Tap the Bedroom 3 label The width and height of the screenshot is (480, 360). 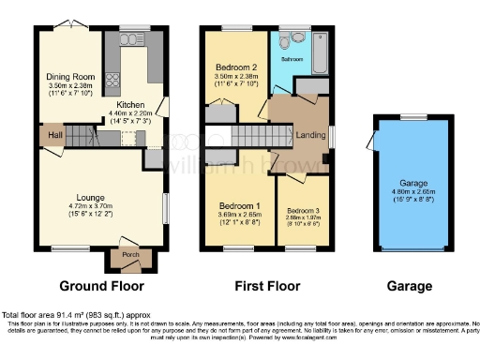click(x=303, y=210)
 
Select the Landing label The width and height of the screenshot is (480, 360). click(x=310, y=136)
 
